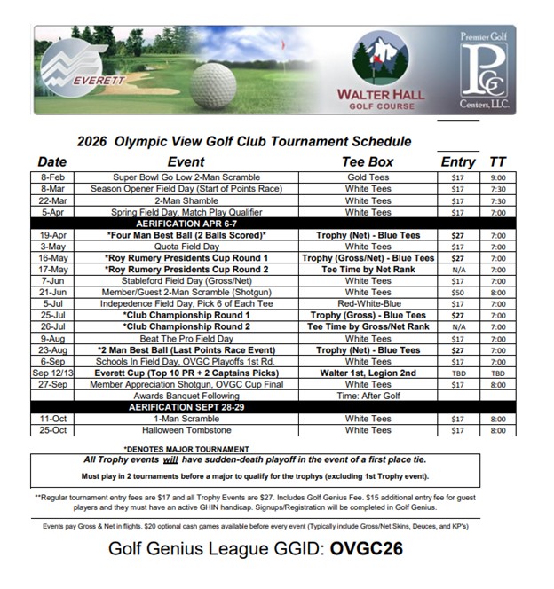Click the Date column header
point(52,161)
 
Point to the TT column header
point(496,161)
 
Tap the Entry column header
point(458,161)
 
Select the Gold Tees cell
point(368,177)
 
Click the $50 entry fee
point(457,292)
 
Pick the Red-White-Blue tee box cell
point(368,303)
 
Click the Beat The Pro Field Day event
point(186,338)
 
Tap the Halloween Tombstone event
point(186,430)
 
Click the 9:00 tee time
point(496,177)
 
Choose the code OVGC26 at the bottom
point(367,548)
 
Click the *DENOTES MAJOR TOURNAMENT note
point(186,448)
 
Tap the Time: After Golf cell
point(368,396)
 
